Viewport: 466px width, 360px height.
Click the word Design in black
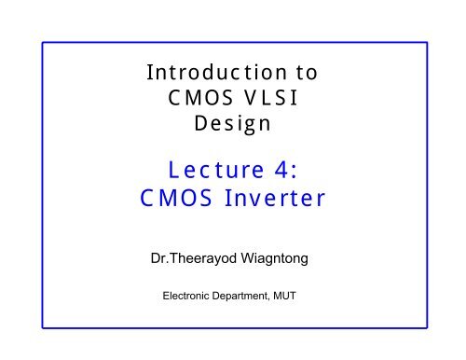coord(233,125)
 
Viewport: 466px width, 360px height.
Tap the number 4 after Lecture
coord(285,169)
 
